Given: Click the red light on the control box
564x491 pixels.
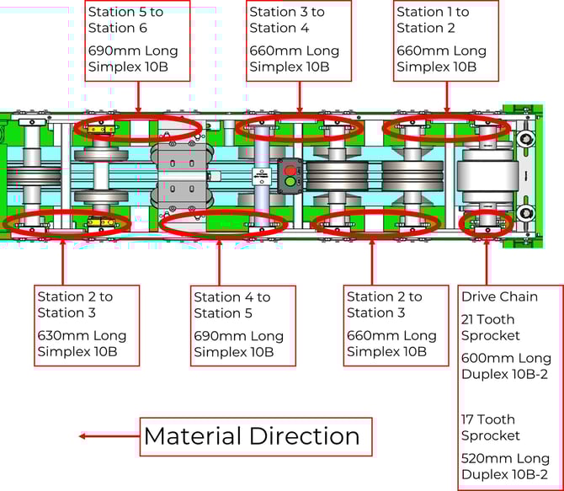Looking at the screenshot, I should [x=291, y=168].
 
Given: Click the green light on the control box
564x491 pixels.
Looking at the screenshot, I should [x=291, y=181].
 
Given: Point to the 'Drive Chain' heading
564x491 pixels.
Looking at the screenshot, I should [x=499, y=296].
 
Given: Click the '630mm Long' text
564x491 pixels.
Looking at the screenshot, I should [x=82, y=335].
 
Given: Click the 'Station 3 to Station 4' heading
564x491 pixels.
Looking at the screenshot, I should [x=287, y=20].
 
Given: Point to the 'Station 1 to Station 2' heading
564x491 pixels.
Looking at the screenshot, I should [x=433, y=20].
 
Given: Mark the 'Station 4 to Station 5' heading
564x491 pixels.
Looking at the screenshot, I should [x=231, y=305].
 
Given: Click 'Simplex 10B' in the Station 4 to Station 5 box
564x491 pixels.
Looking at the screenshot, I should [x=234, y=351].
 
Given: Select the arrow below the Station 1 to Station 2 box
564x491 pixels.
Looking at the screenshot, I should [x=447, y=96].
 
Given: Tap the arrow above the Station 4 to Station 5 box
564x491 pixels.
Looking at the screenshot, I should [x=219, y=261].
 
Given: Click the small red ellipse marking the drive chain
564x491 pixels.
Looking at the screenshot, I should [x=486, y=222].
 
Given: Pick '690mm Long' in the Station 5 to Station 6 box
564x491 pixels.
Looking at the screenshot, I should [x=133, y=51].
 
